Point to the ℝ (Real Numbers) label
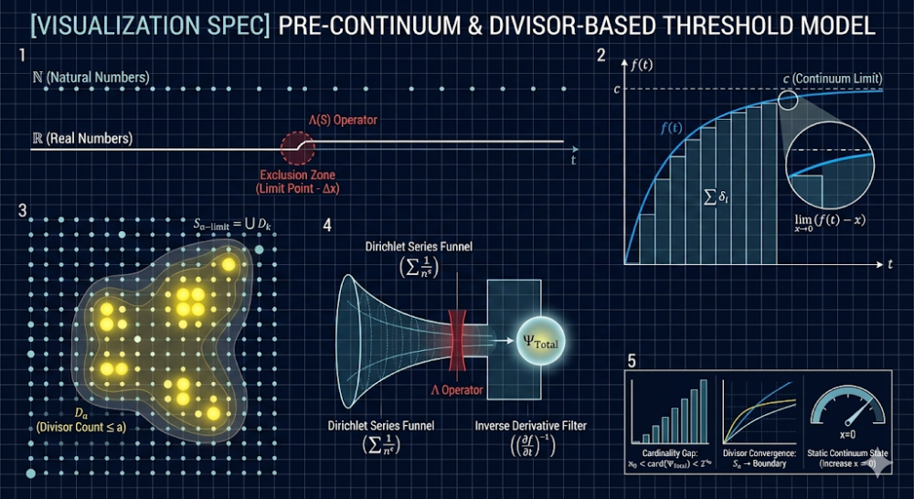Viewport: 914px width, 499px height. coord(82,138)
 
